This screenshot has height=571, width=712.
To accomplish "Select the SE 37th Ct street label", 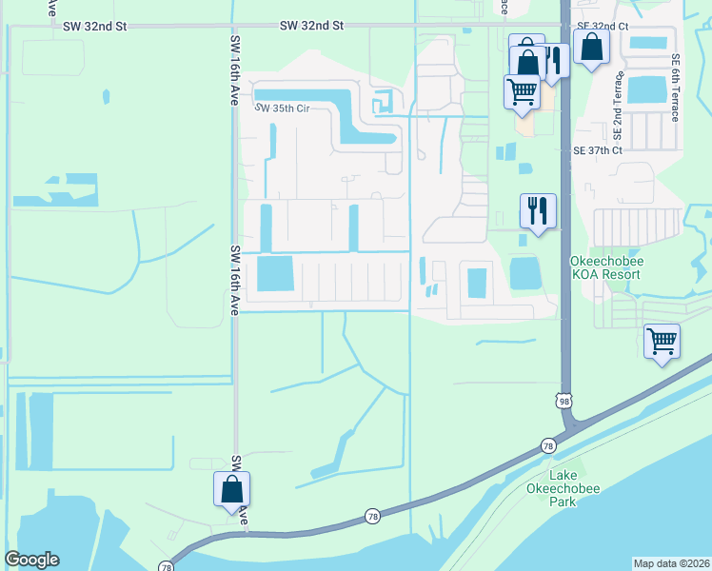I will [597, 150].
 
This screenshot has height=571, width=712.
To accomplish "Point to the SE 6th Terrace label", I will [675, 87].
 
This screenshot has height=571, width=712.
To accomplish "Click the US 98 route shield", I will [565, 402].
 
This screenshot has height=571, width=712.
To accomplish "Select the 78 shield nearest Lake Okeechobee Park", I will [548, 444].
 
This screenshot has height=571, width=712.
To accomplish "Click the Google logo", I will [32, 560].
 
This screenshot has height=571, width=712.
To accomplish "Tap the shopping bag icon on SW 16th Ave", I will [230, 490].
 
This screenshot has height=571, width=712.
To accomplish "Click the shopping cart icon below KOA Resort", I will [662, 341].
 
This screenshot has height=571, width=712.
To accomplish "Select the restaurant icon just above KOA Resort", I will [538, 210].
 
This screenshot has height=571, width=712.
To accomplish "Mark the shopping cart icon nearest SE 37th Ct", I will [522, 92].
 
